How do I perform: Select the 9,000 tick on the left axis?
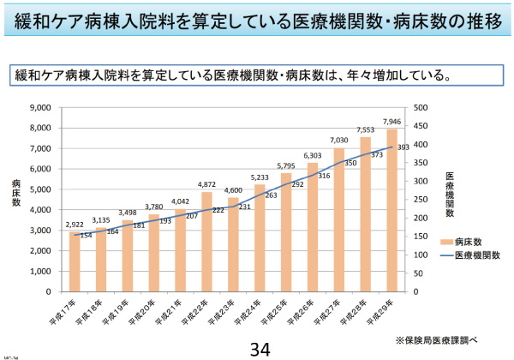tap(40, 107)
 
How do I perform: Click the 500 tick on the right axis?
tap(421, 107)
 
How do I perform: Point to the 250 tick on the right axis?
tap(421, 200)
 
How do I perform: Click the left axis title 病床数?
tap(16, 199)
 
